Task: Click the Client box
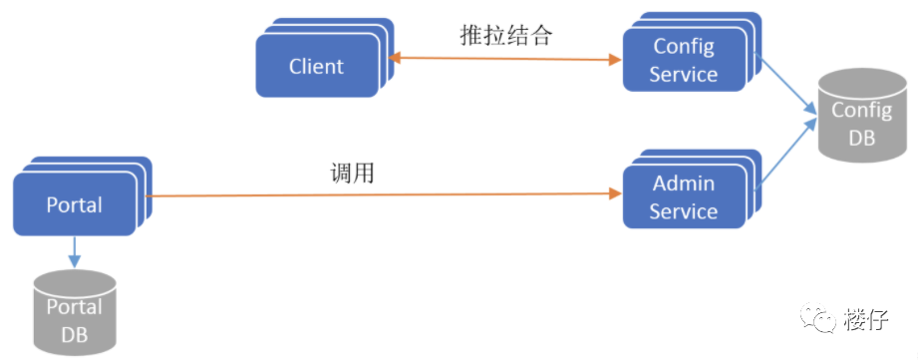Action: coord(316,67)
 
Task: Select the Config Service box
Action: coord(684,60)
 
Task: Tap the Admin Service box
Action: coord(684,197)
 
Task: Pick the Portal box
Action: coord(75,204)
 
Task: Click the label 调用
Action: coord(352,172)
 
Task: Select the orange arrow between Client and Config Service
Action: coord(503,60)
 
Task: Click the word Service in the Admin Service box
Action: coord(684,211)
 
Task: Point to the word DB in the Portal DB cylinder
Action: coord(75,336)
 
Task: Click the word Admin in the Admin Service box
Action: coord(684,184)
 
